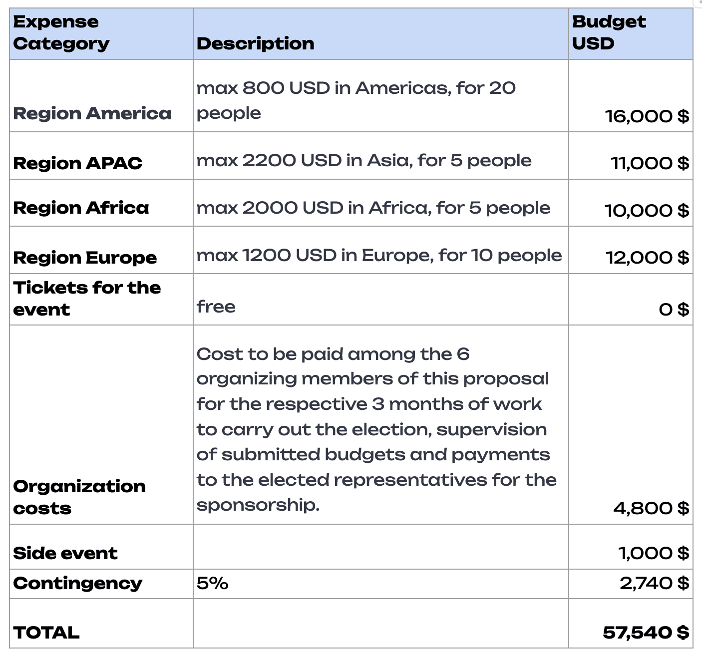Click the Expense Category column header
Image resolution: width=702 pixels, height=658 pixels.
tap(61, 33)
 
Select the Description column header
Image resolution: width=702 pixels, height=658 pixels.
tap(255, 43)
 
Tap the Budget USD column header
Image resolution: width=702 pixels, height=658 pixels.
tap(609, 33)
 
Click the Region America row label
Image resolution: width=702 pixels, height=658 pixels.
tap(92, 113)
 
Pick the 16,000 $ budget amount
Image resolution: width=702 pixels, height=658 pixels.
tap(647, 116)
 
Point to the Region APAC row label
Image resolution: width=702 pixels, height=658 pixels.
tap(77, 163)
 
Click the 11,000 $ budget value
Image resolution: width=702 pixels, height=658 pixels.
tap(650, 163)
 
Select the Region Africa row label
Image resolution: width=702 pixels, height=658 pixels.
tap(81, 208)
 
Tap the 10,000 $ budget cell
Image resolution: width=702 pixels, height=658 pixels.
tap(647, 211)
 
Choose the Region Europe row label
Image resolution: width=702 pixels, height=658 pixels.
tap(85, 258)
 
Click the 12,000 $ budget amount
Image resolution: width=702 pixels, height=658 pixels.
tap(647, 258)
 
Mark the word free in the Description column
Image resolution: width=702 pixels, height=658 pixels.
tap(216, 307)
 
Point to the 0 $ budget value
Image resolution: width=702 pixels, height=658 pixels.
tap(674, 310)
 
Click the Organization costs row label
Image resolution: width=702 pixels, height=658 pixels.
tap(79, 497)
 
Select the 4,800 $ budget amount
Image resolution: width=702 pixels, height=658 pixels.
tap(651, 508)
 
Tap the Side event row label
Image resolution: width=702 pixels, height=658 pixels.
tap(65, 553)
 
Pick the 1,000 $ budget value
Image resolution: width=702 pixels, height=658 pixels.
tap(653, 553)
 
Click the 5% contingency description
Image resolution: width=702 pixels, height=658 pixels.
tap(212, 583)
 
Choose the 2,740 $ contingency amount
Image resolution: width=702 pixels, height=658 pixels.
tap(654, 583)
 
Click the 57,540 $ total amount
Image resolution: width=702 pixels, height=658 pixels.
tap(646, 633)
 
